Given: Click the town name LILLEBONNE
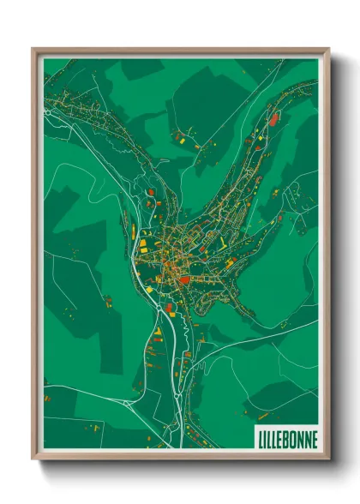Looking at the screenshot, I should click(287, 439).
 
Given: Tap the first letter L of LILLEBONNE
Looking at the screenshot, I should click(261, 439).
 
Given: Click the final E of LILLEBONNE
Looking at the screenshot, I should click(314, 439).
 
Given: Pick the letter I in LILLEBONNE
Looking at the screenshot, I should click(266, 439).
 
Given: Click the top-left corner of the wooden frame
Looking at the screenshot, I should click(33, 50).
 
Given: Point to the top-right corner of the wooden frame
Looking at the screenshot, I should click(328, 50).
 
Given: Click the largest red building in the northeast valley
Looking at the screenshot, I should click(273, 121).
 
